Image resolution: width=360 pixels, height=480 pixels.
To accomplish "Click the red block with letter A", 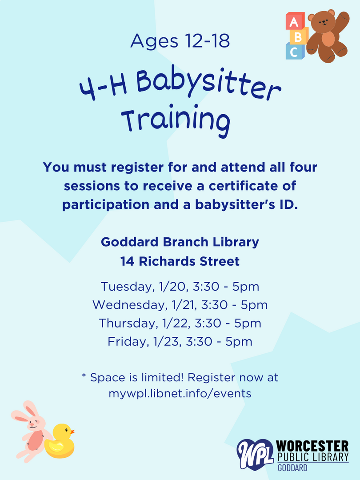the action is click(x=295, y=21).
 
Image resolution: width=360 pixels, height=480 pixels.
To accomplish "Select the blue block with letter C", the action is click(x=295, y=51).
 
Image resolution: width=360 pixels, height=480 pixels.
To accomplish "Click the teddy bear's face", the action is click(x=323, y=22).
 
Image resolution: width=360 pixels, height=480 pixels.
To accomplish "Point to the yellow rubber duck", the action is click(x=60, y=441).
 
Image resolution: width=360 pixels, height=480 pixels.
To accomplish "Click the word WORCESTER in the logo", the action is click(x=312, y=446).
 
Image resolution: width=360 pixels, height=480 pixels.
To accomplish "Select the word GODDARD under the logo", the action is click(x=292, y=468).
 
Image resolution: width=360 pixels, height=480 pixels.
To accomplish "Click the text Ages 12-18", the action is click(x=180, y=41).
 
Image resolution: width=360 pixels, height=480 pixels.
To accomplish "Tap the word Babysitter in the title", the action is click(x=208, y=83).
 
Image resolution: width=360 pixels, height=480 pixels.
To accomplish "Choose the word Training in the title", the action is click(x=176, y=120).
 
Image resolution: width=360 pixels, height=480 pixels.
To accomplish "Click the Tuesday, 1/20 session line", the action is click(x=180, y=287).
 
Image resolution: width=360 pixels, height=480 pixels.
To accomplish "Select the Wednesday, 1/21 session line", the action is click(x=180, y=305).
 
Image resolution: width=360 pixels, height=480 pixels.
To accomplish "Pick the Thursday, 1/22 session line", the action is click(x=180, y=323).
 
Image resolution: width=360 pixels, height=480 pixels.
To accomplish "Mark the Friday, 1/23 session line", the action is click(x=180, y=342).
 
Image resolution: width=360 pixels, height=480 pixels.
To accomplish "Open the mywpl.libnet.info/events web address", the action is click(x=180, y=393).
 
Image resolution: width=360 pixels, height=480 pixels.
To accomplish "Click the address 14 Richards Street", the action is click(x=180, y=261).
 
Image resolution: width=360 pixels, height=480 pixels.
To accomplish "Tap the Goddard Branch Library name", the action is click(x=180, y=242).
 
